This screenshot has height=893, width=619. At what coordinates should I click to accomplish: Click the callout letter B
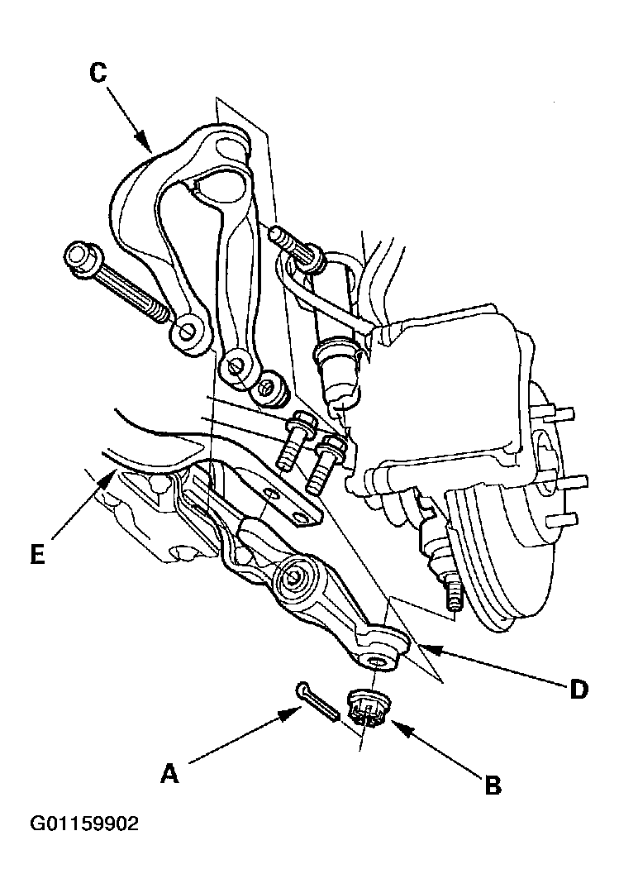(x=493, y=786)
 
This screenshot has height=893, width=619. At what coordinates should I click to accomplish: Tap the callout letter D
(x=579, y=690)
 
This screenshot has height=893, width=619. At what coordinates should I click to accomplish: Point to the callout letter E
(x=37, y=553)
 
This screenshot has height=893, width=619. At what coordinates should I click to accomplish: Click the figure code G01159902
(x=84, y=824)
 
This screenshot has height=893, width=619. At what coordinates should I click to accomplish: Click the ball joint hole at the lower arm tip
(x=376, y=661)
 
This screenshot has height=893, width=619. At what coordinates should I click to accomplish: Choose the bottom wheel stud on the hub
(x=562, y=518)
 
